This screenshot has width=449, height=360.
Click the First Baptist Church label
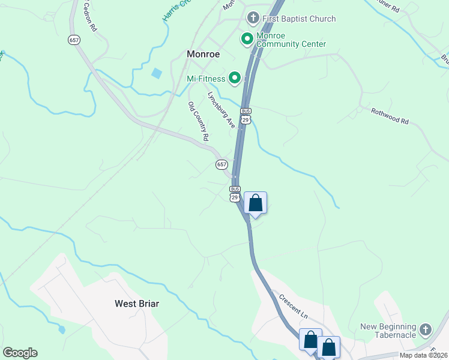[x=298, y=19]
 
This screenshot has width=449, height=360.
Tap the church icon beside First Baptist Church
[x=253, y=18]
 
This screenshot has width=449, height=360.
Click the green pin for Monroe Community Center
[x=246, y=40]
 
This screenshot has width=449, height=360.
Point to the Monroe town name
[x=203, y=54]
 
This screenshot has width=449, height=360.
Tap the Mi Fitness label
[x=206, y=78]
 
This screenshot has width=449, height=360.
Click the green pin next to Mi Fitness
[x=234, y=78]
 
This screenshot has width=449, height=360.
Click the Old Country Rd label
[x=198, y=121]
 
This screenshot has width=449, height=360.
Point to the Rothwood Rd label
[x=390, y=116]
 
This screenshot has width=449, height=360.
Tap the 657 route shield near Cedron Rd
[x=74, y=40]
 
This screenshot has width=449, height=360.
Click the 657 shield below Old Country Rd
[x=221, y=164]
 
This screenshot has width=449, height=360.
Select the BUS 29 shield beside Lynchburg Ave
[x=245, y=116]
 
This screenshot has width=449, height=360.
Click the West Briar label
[x=137, y=304]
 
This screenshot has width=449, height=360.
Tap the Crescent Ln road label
[x=293, y=306]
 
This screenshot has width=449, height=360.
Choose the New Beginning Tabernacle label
[x=388, y=331]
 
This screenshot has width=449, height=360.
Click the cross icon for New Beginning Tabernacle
[x=426, y=329]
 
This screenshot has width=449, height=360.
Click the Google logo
[x=20, y=353]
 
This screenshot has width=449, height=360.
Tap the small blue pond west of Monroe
[x=157, y=74]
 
